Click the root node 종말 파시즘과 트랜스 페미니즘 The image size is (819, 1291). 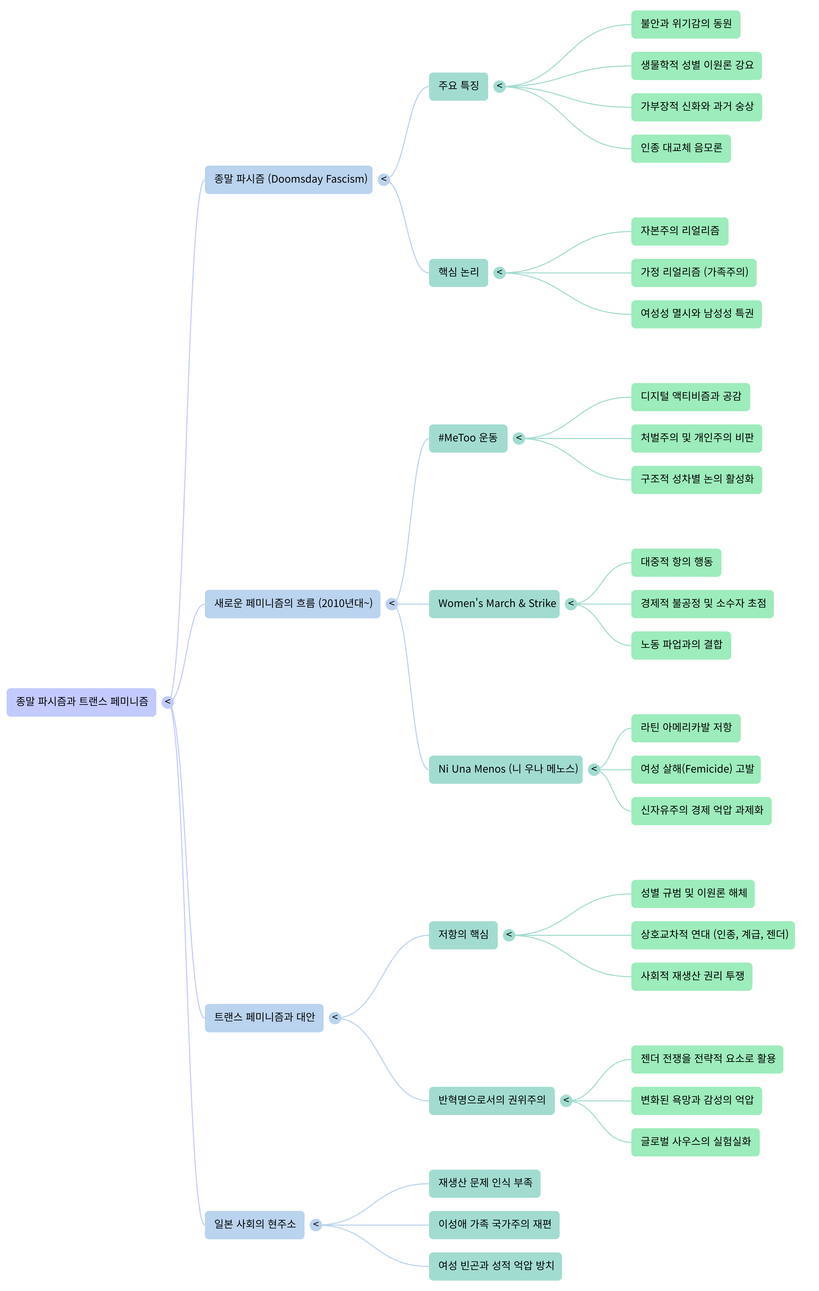point(81,702)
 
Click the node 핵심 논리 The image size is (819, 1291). point(458,273)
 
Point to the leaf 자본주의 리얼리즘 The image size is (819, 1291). point(679,231)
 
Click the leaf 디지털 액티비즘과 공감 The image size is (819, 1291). point(690,397)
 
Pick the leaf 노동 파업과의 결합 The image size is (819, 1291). point(681,645)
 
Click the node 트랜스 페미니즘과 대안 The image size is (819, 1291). point(264,1017)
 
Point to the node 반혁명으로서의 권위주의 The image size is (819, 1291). point(491,1101)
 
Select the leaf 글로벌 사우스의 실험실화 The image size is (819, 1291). point(695,1142)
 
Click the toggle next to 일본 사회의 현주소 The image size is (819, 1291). point(316,1225)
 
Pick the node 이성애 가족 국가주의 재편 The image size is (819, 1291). point(494,1225)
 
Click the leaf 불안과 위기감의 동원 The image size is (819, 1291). point(685,24)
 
